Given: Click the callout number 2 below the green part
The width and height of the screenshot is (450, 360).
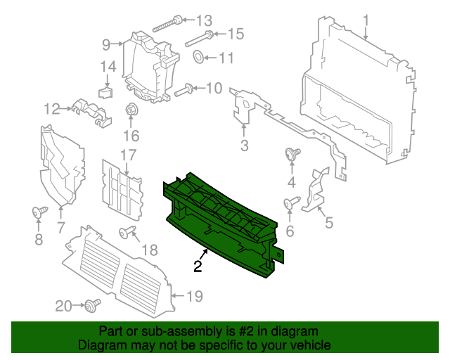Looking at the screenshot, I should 198,266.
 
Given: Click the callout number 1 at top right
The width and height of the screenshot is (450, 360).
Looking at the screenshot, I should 366,19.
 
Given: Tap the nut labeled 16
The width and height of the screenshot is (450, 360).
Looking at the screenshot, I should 131,110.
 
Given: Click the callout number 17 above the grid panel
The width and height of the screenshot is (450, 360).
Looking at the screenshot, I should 127,155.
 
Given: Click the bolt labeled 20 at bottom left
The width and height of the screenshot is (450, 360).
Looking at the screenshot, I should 91,304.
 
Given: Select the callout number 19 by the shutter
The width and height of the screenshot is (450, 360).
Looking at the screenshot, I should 194,297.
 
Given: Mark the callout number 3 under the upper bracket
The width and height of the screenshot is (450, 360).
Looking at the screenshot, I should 244,146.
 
